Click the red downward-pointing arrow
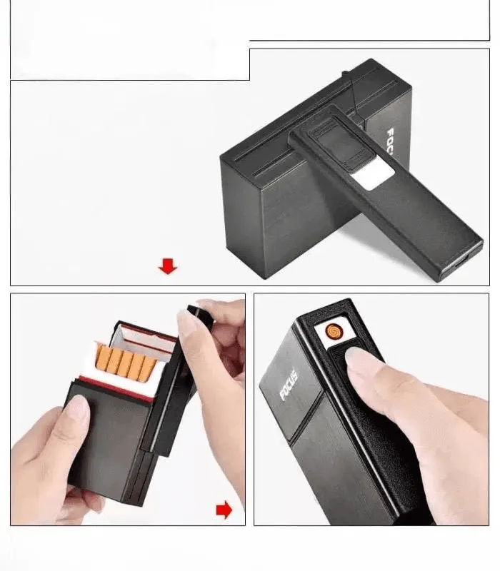(168, 266)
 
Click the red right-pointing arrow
(224, 510)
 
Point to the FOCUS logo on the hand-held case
(289, 386)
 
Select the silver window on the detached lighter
(373, 176)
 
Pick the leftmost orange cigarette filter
(103, 358)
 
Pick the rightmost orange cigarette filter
(149, 368)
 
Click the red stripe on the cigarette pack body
(116, 389)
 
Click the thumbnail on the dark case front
(77, 408)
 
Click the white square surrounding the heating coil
(334, 331)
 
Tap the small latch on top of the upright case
(344, 74)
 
